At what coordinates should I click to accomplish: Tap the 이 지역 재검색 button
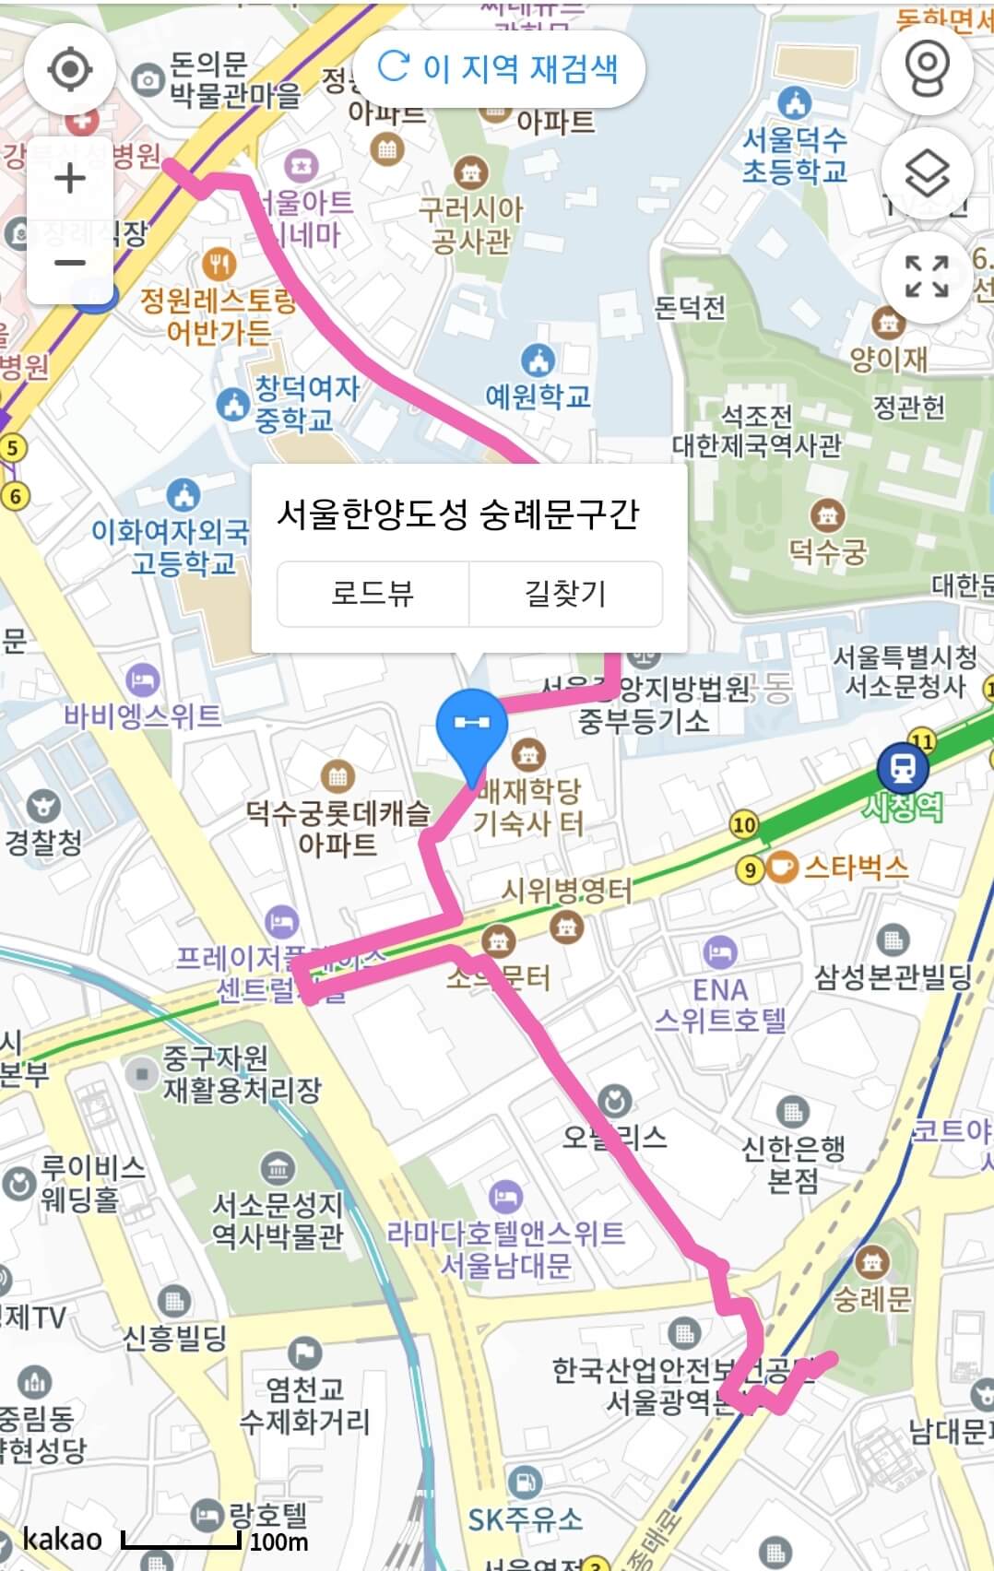(498, 68)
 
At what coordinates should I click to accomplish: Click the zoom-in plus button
(70, 179)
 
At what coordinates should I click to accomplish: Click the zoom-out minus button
(70, 263)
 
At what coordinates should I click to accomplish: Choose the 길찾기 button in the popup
(565, 593)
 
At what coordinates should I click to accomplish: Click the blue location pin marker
(471, 728)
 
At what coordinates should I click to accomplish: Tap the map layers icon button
(927, 172)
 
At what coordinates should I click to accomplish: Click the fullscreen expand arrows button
(927, 276)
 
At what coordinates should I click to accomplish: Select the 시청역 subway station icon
(902, 766)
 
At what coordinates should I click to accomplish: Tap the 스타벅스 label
(856, 868)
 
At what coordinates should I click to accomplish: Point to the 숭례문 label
(871, 1299)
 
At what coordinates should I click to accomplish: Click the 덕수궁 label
(827, 552)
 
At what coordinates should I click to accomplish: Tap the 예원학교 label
(538, 396)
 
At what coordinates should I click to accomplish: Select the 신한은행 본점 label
(793, 1163)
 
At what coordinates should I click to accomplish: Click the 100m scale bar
(182, 1541)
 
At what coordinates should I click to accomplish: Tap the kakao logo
(62, 1539)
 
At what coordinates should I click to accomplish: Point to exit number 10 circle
(744, 824)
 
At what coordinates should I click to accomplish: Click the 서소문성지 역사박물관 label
(278, 1219)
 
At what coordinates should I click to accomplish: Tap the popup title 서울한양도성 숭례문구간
(457, 514)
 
